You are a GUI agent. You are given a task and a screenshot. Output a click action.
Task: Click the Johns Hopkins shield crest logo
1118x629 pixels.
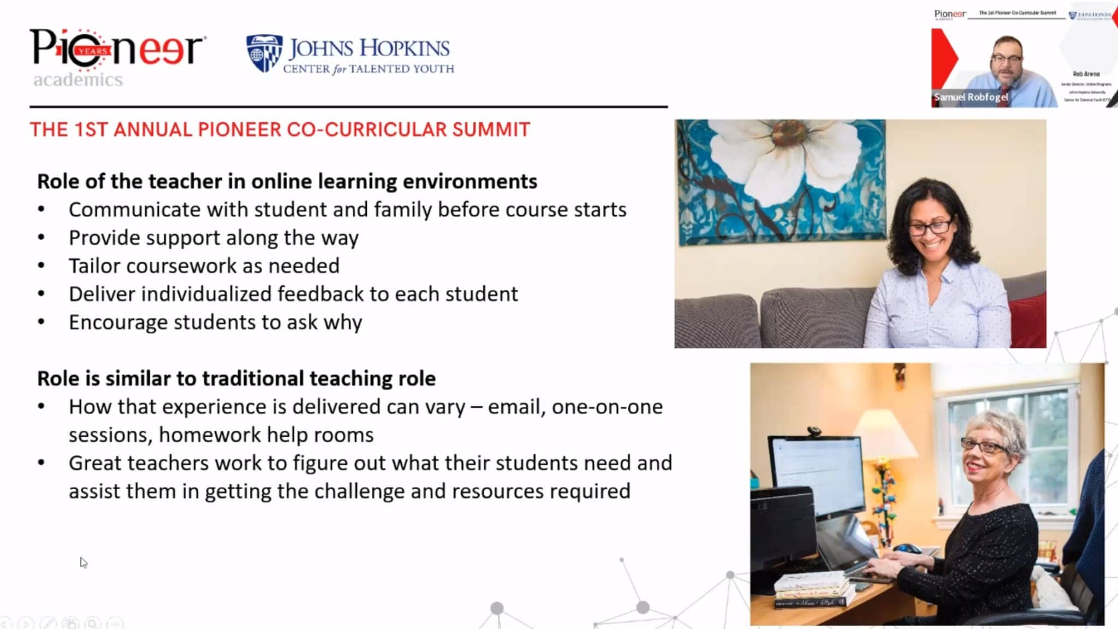(x=264, y=53)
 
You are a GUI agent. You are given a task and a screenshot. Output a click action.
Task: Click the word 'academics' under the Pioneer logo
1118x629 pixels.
(x=78, y=80)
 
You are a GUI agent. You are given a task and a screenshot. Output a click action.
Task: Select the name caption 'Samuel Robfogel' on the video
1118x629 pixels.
(x=971, y=97)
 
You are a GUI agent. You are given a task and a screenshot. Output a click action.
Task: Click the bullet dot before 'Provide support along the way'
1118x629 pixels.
(x=41, y=238)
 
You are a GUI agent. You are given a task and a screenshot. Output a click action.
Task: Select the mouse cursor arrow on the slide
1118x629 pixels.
(x=83, y=562)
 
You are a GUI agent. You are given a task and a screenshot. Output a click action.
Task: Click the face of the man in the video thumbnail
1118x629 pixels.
(x=1006, y=60)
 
